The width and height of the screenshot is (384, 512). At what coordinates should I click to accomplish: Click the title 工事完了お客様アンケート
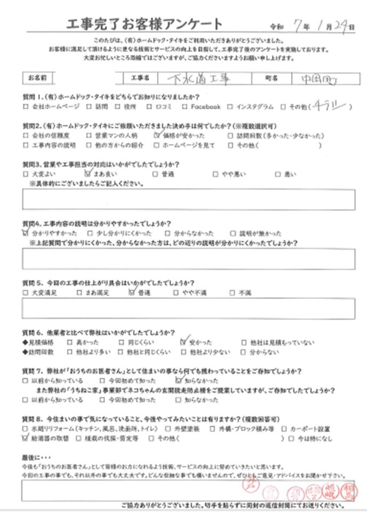click(x=143, y=24)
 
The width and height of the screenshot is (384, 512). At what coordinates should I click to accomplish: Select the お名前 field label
click(x=37, y=78)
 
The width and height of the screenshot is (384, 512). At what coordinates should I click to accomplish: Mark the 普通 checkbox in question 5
click(x=132, y=292)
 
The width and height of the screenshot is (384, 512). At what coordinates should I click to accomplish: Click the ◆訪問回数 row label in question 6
click(x=39, y=353)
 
